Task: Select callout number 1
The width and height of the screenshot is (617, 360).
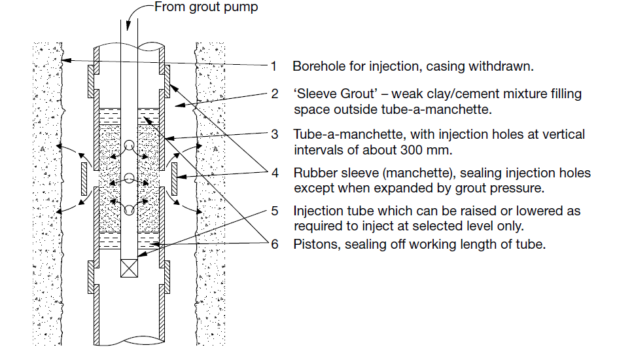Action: [275, 66]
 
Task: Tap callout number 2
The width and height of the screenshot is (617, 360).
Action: [275, 94]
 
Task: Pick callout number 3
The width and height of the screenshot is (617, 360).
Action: [275, 134]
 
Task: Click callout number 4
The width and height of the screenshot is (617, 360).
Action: [275, 173]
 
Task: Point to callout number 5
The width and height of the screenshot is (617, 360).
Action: [275, 211]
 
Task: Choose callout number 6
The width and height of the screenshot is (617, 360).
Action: [275, 245]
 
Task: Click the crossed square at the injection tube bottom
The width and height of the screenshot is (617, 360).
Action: [128, 266]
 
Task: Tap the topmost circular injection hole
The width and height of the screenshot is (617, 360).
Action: [128, 146]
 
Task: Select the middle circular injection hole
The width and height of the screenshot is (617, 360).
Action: [128, 178]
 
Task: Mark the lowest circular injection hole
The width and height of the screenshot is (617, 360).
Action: [128, 210]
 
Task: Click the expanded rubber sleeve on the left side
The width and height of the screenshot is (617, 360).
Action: [85, 179]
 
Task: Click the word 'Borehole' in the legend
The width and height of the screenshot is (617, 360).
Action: [317, 66]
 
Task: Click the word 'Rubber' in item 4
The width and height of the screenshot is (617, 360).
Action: [313, 173]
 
